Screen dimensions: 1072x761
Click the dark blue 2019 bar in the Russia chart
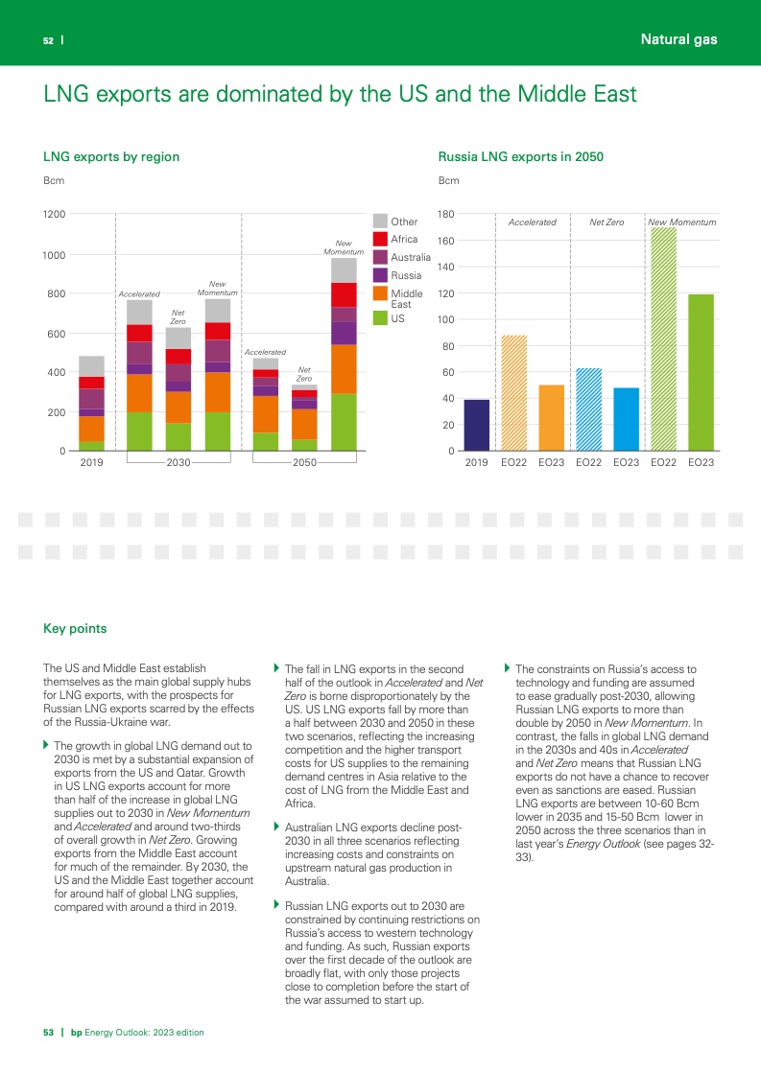[477, 425]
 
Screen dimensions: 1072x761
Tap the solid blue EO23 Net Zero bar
[626, 419]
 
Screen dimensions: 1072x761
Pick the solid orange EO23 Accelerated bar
[551, 417]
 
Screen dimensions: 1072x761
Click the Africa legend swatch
[380, 239]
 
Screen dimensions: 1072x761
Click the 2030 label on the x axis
[178, 462]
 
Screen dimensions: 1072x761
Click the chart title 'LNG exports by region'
[111, 156]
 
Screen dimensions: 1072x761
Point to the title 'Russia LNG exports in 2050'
[520, 156]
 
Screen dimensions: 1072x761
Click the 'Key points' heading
[75, 629]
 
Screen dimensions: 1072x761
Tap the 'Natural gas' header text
[678, 39]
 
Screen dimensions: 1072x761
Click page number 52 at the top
[47, 40]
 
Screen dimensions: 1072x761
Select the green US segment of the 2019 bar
[91, 446]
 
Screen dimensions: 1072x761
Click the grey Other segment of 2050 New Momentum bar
[345, 270]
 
